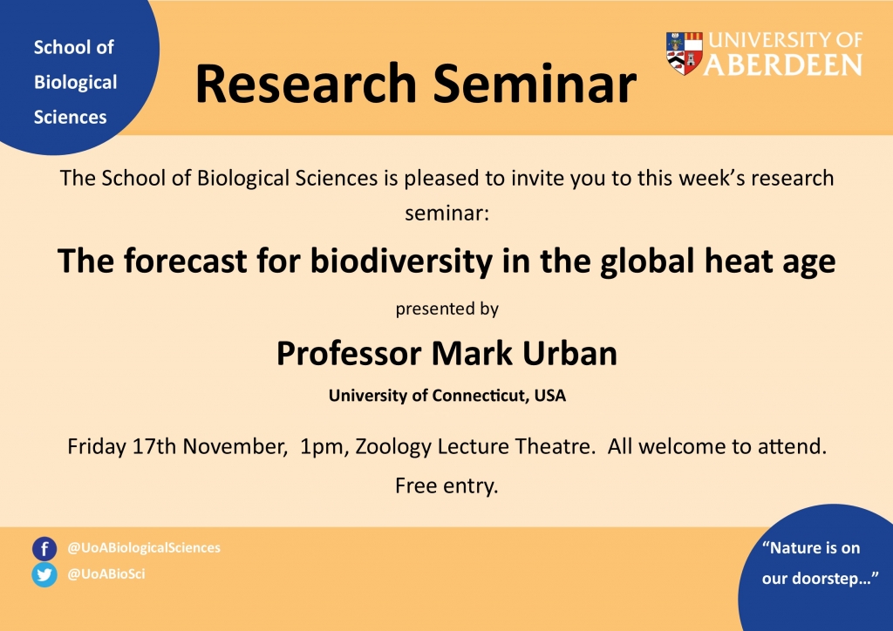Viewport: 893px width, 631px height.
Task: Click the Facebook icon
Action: point(44,549)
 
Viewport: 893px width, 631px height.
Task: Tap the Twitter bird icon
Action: point(44,574)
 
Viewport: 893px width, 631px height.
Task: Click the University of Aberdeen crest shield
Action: point(684,53)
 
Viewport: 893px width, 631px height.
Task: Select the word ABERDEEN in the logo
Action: point(784,65)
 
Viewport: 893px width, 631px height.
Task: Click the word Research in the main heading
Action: point(306,84)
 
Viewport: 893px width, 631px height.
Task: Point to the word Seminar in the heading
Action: point(535,84)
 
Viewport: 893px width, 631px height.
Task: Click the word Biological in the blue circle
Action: point(75,83)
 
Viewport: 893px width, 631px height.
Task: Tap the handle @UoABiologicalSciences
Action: point(144,548)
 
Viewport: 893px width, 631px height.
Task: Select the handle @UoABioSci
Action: point(106,574)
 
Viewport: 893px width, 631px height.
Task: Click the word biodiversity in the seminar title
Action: point(401,261)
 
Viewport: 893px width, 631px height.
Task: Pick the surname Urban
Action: point(569,353)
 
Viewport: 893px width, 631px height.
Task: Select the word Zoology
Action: point(393,447)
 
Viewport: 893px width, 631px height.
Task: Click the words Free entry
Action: point(446,486)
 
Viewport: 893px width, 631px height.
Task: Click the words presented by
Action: point(447,309)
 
